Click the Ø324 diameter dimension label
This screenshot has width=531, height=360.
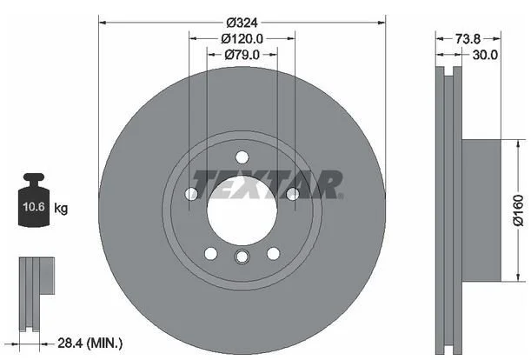pyautogui.click(x=242, y=23)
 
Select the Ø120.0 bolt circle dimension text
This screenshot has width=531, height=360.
pyautogui.click(x=242, y=38)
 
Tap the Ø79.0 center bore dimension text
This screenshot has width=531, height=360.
pyautogui.click(x=242, y=54)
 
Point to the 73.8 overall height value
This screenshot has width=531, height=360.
pyautogui.click(x=468, y=38)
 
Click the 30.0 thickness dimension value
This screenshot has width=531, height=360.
pyautogui.click(x=485, y=54)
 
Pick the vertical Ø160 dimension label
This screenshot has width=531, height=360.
pyautogui.click(x=518, y=210)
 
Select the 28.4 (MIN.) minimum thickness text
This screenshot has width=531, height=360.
pyautogui.click(x=90, y=343)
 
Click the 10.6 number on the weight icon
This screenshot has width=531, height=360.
pyautogui.click(x=34, y=206)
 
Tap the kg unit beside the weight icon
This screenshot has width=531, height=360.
pyautogui.click(x=61, y=208)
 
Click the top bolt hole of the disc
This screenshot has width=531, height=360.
pyautogui.click(x=242, y=157)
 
